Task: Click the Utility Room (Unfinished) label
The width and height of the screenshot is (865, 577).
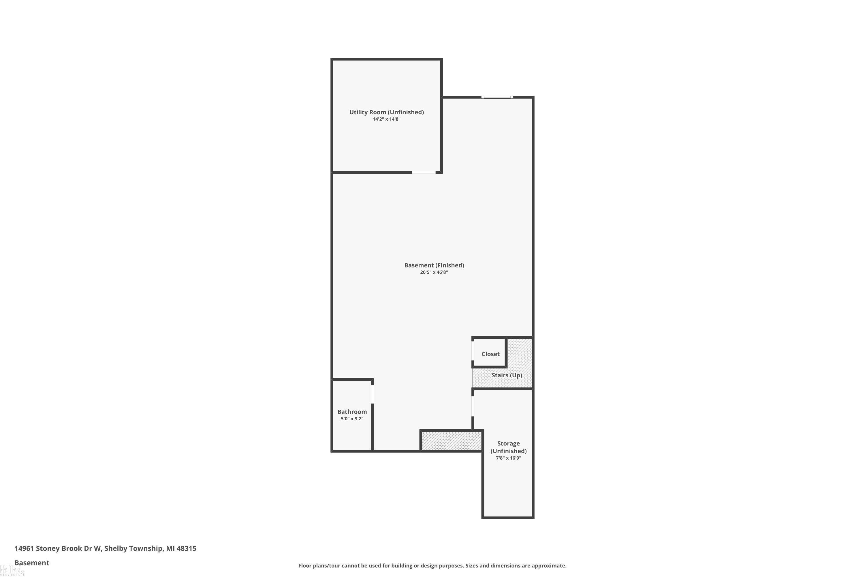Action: click(x=387, y=112)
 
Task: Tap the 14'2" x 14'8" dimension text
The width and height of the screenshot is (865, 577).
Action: click(x=387, y=119)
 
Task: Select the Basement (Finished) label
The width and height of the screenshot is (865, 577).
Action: click(x=434, y=265)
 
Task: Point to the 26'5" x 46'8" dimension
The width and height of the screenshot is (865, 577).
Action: click(x=434, y=272)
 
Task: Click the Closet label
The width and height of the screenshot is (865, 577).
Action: click(x=491, y=354)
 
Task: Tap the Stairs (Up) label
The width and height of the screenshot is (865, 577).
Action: click(x=507, y=375)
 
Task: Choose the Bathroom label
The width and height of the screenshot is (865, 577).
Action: click(x=352, y=412)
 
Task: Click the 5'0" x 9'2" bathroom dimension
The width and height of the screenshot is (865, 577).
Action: click(x=352, y=419)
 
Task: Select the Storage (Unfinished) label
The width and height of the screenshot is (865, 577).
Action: click(x=509, y=447)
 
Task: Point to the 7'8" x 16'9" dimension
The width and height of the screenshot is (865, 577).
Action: click(x=509, y=458)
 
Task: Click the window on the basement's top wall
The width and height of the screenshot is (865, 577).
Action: click(x=497, y=97)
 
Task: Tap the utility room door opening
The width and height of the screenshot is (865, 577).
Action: click(x=424, y=172)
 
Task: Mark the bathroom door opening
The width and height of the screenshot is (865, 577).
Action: click(x=373, y=394)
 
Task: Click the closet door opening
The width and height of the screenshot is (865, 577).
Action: click(x=473, y=351)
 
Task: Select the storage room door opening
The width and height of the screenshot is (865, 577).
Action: click(x=473, y=406)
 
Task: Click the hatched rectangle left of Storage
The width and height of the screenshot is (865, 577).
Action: click(x=452, y=441)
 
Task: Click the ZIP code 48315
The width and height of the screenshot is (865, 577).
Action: click(x=187, y=548)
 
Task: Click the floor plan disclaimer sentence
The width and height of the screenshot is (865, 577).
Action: click(x=432, y=565)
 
